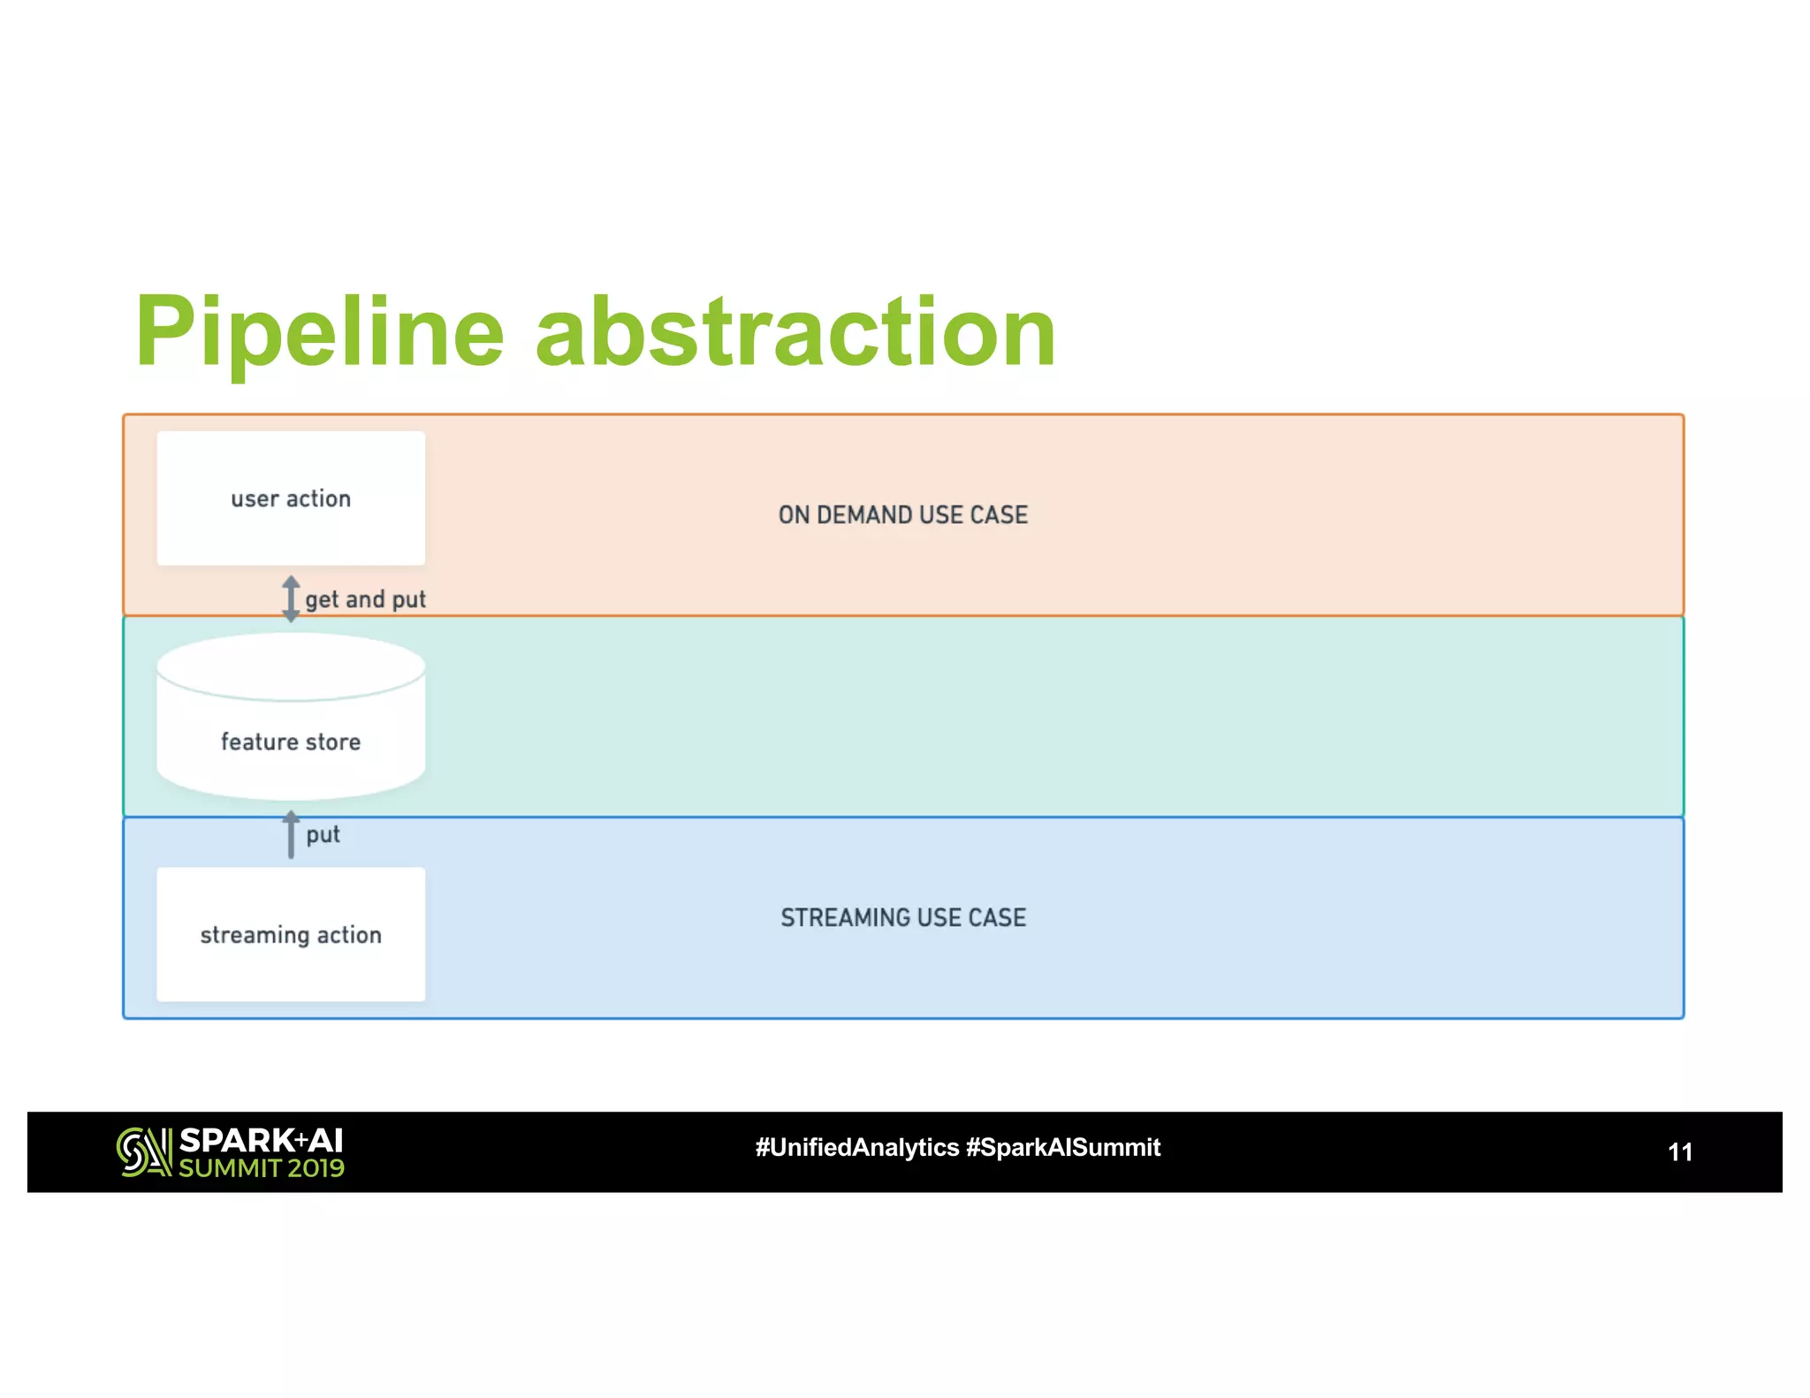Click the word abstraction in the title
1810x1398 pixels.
pos(795,332)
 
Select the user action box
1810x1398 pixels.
pos(291,498)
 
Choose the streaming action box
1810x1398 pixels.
pos(291,934)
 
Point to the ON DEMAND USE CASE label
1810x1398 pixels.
pos(902,515)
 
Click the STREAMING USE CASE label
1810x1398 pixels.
pos(902,918)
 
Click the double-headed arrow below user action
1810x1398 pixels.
pos(291,598)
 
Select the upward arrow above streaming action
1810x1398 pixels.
pos(291,834)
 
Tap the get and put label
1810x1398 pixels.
pos(365,600)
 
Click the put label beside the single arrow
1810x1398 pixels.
pos(323,834)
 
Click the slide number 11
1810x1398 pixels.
pos(1679,1152)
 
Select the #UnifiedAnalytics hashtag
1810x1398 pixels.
pos(856,1148)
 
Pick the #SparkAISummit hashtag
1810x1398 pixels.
pos(1062,1148)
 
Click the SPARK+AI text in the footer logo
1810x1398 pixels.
pos(261,1140)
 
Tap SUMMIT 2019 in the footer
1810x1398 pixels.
pos(261,1168)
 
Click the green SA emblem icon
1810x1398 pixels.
pos(143,1152)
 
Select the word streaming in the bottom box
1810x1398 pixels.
pos(255,935)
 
